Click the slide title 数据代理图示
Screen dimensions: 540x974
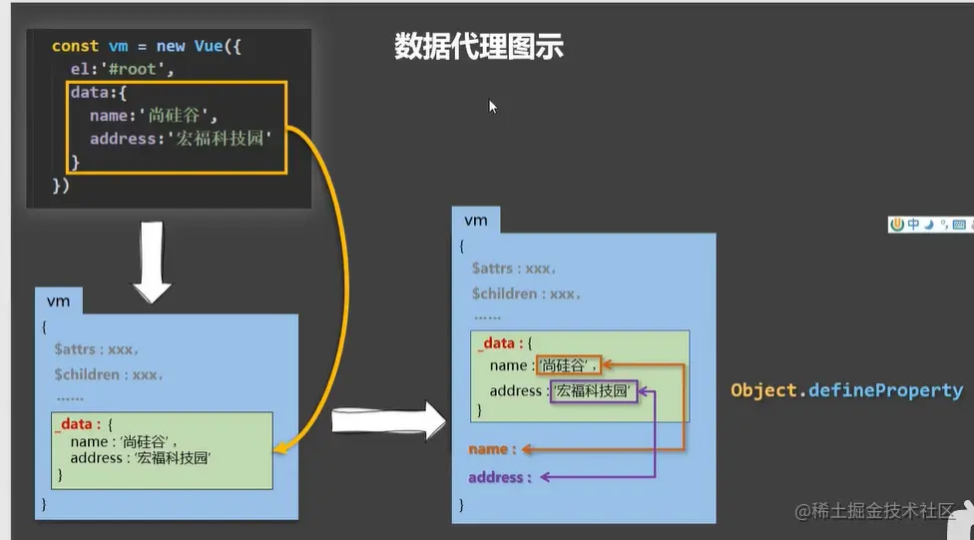click(x=479, y=47)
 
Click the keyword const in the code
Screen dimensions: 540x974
click(x=75, y=46)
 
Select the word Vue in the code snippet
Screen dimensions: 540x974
click(x=208, y=46)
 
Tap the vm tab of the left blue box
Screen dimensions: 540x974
click(x=58, y=300)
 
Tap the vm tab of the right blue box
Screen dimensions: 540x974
click(x=476, y=220)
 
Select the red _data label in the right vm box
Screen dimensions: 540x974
click(x=496, y=343)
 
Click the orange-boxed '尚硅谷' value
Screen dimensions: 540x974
click(x=569, y=366)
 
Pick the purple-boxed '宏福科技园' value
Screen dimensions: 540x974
click(x=593, y=391)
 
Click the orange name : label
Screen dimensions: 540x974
click(x=493, y=450)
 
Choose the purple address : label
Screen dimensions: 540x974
click(x=500, y=478)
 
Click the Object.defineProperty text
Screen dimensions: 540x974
click(x=846, y=390)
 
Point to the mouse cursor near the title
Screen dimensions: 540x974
click(x=492, y=106)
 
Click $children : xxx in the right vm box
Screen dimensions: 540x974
click(x=526, y=294)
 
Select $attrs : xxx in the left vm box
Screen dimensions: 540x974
click(x=96, y=349)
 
